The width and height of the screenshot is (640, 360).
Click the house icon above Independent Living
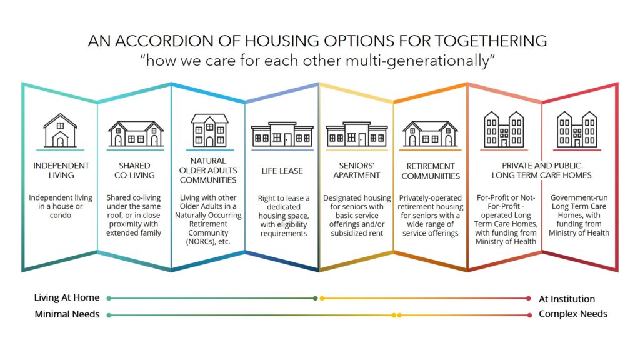(x=60, y=130)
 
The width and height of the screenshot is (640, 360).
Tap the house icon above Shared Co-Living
(x=136, y=134)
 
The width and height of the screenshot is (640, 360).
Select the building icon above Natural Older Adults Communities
(x=209, y=130)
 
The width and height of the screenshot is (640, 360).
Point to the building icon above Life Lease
(x=282, y=134)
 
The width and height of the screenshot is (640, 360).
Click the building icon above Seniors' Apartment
(x=357, y=134)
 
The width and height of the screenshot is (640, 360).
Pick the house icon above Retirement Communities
(x=430, y=134)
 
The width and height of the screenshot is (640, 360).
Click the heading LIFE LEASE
(x=282, y=171)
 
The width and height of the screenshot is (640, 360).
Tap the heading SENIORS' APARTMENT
(x=357, y=170)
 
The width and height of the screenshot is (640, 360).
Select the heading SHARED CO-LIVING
(x=135, y=170)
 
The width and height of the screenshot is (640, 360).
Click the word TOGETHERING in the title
(x=491, y=41)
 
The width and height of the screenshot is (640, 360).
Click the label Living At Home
(x=67, y=297)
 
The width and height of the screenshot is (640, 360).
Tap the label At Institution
(x=567, y=299)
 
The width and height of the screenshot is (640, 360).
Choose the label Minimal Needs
(x=67, y=314)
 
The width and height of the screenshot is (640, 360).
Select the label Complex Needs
(x=573, y=314)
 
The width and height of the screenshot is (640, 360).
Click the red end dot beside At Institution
(x=529, y=298)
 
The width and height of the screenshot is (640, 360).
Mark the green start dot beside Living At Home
(x=109, y=298)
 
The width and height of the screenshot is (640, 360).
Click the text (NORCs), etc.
(x=208, y=242)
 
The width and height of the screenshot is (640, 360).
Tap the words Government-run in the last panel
(x=579, y=197)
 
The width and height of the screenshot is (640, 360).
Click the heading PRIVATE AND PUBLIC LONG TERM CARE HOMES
(x=542, y=170)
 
